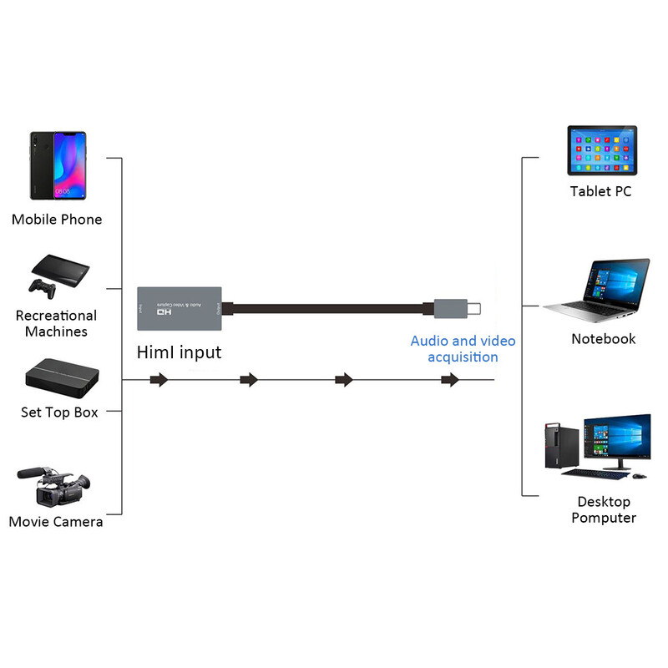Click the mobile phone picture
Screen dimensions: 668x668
pyautogui.click(x=58, y=165)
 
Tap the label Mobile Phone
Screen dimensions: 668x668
pyautogui.click(x=57, y=220)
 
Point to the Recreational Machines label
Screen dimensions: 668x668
pyautogui.click(x=56, y=323)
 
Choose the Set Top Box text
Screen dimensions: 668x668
pyautogui.click(x=59, y=412)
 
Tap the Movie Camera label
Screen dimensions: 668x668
pyautogui.click(x=56, y=522)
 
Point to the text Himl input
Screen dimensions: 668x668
pyautogui.click(x=179, y=352)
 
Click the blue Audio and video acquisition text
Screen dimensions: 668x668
pyautogui.click(x=463, y=349)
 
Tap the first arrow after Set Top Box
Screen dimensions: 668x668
pyautogui.click(x=159, y=380)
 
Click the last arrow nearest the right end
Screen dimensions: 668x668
pyautogui.click(x=450, y=380)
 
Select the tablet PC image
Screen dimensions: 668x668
pyautogui.click(x=601, y=150)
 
